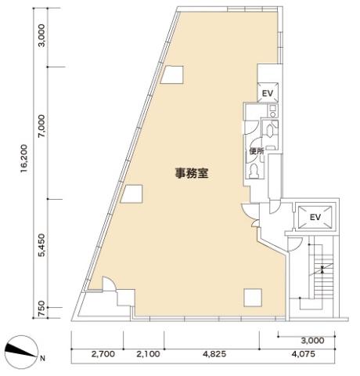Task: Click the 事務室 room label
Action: pyautogui.click(x=192, y=173)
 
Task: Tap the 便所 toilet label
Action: pyautogui.click(x=257, y=151)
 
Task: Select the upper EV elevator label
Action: pyautogui.click(x=268, y=93)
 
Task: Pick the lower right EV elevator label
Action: pyautogui.click(x=315, y=217)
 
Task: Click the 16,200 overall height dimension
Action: pyautogui.click(x=24, y=158)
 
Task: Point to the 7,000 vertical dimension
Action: pyautogui.click(x=41, y=126)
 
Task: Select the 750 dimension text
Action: pyautogui.click(x=41, y=310)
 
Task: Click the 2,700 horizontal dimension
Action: pyautogui.click(x=103, y=354)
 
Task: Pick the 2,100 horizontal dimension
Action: pyautogui.click(x=148, y=354)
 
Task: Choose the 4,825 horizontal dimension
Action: pyautogui.click(x=214, y=354)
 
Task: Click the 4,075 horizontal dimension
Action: pyautogui.click(x=304, y=354)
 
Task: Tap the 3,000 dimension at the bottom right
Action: pyautogui.click(x=312, y=340)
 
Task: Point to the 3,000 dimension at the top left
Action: pyautogui.click(x=41, y=35)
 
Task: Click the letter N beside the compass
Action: pyautogui.click(x=43, y=359)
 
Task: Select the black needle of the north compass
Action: pyautogui.click(x=20, y=350)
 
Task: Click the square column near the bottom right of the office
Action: pyautogui.click(x=253, y=298)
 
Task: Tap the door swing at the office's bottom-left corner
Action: pyautogui.click(x=109, y=283)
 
